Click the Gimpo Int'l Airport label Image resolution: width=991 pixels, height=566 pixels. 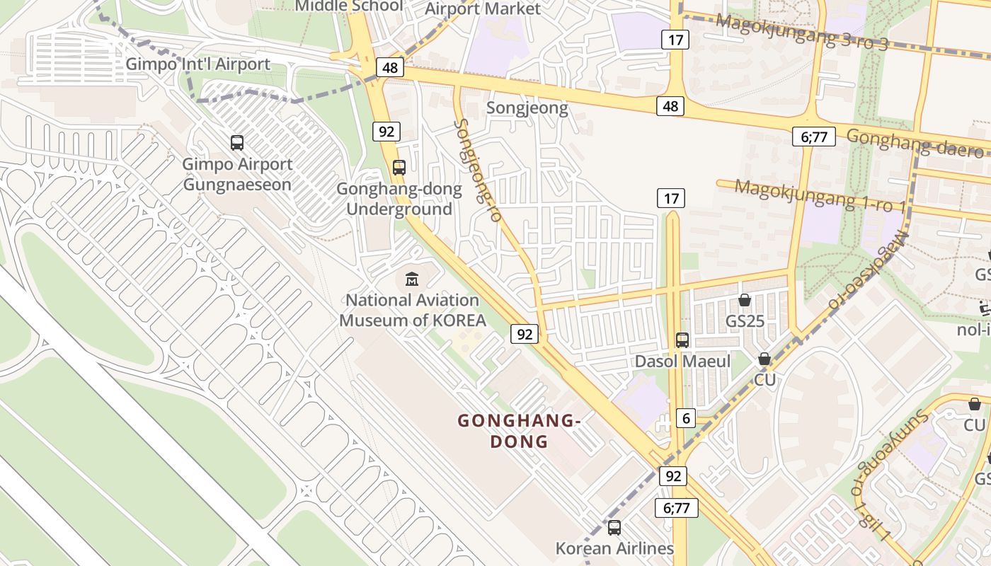tap(197, 64)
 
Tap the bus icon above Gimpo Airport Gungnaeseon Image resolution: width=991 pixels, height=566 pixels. tap(237, 143)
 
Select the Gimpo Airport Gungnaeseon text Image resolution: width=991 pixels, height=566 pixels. tap(237, 175)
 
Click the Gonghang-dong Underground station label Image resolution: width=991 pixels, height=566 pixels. tap(399, 200)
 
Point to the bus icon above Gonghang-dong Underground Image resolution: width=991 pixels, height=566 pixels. tap(399, 168)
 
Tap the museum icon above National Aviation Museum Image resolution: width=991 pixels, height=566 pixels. tap(412, 279)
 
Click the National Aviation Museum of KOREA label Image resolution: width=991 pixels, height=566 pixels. tap(412, 311)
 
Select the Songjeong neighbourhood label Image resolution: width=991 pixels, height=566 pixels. tap(527, 108)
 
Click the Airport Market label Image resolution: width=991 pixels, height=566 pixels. tap(482, 9)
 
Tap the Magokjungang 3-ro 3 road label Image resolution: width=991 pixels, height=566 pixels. tap(801, 32)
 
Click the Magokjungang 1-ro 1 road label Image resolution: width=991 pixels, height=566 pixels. tap(820, 195)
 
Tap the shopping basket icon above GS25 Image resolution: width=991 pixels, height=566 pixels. tap(744, 301)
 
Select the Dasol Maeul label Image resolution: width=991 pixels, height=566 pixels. tap(682, 362)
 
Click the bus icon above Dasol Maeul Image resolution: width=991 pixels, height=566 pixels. tap(682, 340)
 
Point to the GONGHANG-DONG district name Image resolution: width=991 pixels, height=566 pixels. tap(520, 431)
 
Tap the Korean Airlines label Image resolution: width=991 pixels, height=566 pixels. tap(614, 548)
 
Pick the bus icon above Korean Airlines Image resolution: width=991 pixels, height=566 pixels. tap(614, 528)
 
